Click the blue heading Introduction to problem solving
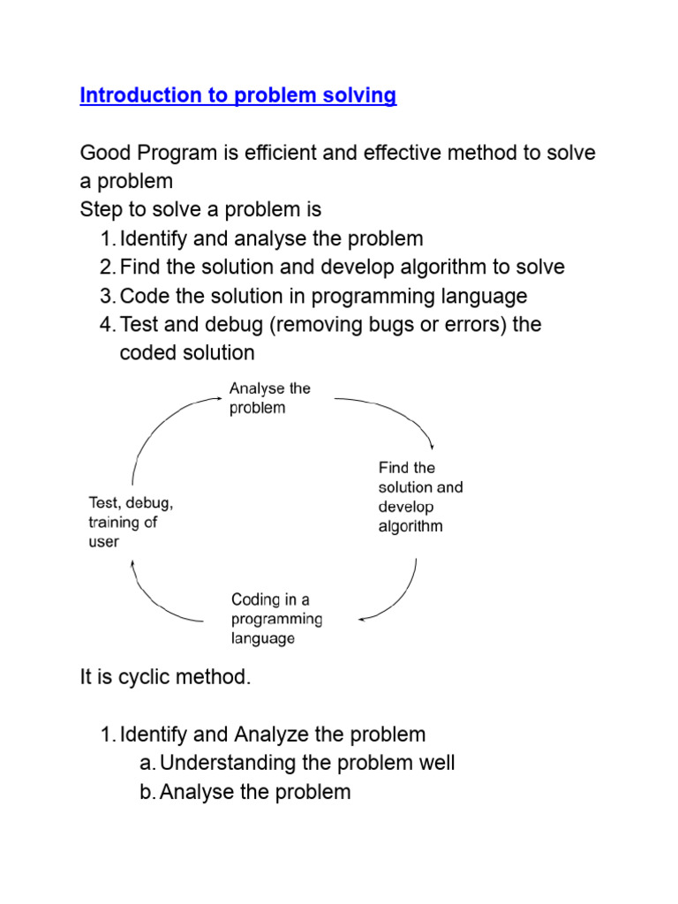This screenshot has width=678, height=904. tap(237, 96)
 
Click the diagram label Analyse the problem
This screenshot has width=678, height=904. tap(269, 398)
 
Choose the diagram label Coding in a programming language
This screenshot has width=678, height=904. tap(276, 619)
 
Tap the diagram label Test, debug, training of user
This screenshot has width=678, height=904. tap(131, 522)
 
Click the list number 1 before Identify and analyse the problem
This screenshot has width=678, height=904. tap(106, 238)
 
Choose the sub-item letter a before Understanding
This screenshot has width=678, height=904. tap(147, 763)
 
